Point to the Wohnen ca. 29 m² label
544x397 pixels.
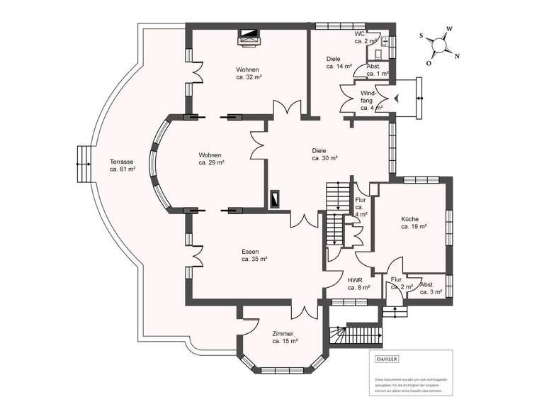211,159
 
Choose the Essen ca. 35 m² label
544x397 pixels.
254,255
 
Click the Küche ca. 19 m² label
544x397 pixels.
413,223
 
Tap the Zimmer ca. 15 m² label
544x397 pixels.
285,337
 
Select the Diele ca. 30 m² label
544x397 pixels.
324,155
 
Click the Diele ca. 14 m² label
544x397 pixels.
338,62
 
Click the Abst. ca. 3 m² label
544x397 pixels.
430,287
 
